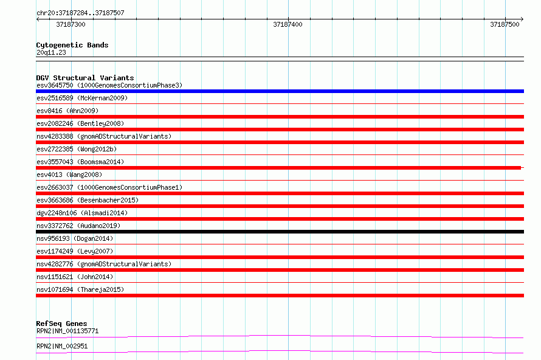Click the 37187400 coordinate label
pos(288,24)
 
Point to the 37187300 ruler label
pos(71,24)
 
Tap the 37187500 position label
pos(505,24)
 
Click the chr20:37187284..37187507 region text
pos(80,13)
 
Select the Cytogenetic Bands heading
pos(72,45)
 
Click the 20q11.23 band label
pos(51,52)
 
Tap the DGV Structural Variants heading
pos(85,78)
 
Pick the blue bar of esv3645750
pos(280,91)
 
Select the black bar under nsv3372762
pos(280,232)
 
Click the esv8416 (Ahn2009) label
pos(67,111)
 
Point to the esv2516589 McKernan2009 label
pos(82,98)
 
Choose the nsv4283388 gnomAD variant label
pos(104,136)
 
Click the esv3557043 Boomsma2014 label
pos(80,162)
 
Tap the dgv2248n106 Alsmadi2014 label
pos(82,213)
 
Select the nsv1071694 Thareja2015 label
pos(80,289)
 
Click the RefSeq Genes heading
pos(62,324)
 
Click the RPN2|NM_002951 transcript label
pos(62,346)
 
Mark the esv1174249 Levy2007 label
pos(75,251)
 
